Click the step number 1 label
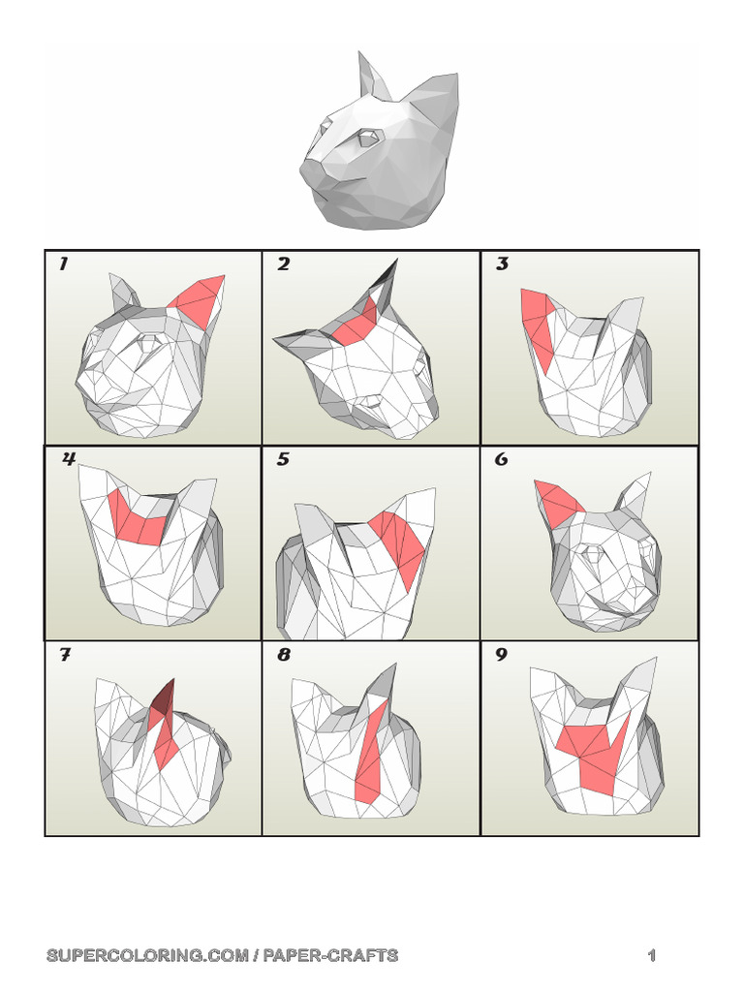pos(63,264)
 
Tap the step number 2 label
pos(283,264)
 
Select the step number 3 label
pos(502,264)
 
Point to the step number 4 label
pos(68,459)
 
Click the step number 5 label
pos(283,459)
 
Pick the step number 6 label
pos(502,459)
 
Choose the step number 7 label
pos(65,655)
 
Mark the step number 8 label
pos(283,655)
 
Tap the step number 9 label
pos(502,655)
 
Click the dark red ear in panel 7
pos(166,699)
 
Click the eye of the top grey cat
pos(366,139)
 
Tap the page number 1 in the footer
pos(652,955)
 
